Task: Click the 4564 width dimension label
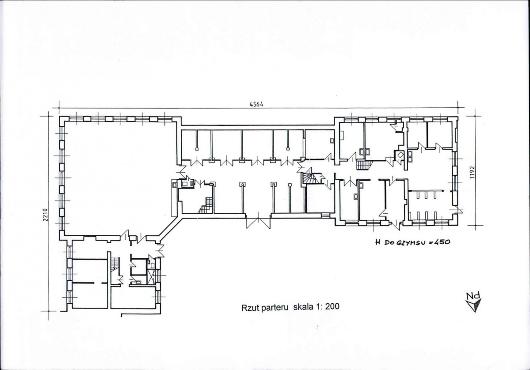click(256, 104)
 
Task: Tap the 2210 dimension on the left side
click(46, 215)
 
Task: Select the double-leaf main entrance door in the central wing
click(258, 221)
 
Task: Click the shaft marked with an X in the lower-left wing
click(151, 277)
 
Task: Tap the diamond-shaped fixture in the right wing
click(400, 155)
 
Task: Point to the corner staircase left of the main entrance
click(206, 205)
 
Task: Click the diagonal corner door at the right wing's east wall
click(456, 209)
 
